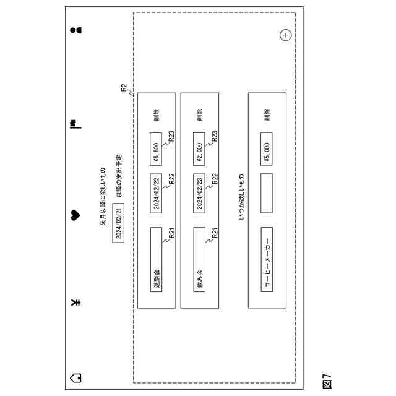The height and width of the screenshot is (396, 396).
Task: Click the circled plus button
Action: tap(285, 35)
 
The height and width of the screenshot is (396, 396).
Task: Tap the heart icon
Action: tap(75, 215)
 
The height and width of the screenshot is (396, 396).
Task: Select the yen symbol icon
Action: tap(75, 303)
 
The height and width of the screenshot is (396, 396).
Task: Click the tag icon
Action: tap(75, 376)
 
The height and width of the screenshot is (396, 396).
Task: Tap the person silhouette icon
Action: tap(75, 29)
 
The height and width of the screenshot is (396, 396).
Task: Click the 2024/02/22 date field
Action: tap(157, 193)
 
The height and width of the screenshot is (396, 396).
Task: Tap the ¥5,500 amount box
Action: tap(157, 148)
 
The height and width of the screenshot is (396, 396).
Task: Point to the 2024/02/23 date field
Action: tap(199, 193)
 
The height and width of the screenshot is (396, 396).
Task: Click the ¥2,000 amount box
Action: tap(199, 148)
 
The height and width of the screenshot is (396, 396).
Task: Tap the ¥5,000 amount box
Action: tap(267, 148)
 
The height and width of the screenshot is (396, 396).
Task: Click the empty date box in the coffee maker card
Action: tap(267, 193)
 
